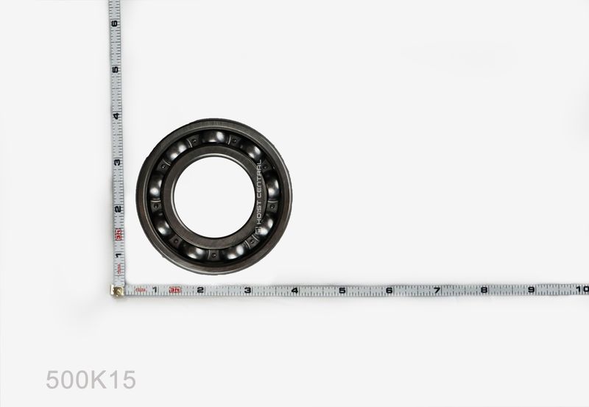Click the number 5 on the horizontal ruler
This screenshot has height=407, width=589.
click(x=342, y=290)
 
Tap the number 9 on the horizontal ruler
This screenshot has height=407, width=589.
click(x=531, y=290)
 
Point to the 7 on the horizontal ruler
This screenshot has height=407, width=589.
click(x=437, y=290)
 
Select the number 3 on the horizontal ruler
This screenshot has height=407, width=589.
click(x=247, y=290)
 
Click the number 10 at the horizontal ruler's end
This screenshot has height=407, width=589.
click(x=582, y=289)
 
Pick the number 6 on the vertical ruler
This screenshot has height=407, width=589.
click(x=114, y=23)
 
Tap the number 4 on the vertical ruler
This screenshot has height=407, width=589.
click(x=115, y=116)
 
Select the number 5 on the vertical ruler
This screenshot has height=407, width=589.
click(x=115, y=69)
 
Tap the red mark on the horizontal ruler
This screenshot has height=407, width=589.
click(x=174, y=290)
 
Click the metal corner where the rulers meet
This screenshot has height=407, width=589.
click(x=117, y=290)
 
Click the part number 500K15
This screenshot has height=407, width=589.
click(x=91, y=380)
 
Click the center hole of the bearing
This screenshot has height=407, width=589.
click(x=213, y=197)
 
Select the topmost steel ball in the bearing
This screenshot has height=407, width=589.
click(x=214, y=136)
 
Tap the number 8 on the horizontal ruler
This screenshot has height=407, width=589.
click(x=484, y=290)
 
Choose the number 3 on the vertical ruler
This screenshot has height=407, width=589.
click(x=116, y=162)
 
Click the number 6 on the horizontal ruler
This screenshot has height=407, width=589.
click(x=389, y=290)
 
